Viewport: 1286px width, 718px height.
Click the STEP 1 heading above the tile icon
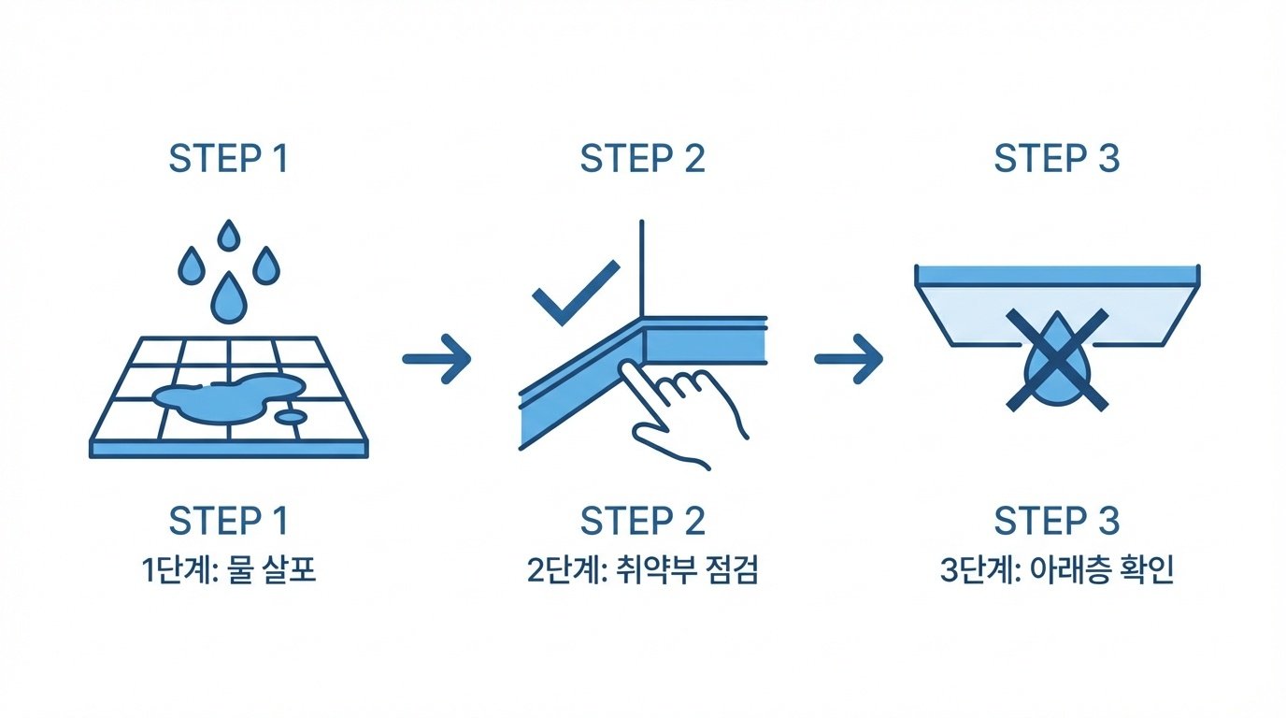click(228, 159)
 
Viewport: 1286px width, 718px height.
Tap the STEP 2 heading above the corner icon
click(642, 159)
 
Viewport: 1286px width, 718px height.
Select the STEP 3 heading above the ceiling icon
click(1056, 159)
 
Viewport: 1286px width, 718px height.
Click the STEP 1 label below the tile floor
click(228, 521)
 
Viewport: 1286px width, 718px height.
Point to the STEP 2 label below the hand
click(642, 521)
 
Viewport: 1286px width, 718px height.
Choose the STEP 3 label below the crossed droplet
click(1056, 521)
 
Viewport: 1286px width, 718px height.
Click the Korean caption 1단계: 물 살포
click(228, 570)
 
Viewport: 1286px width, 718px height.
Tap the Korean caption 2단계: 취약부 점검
click(642, 570)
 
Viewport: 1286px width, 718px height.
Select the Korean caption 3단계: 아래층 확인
click(1056, 570)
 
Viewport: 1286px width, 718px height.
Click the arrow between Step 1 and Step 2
click(436, 358)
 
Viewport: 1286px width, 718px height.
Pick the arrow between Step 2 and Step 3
click(849, 358)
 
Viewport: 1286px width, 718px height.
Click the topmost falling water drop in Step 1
click(227, 237)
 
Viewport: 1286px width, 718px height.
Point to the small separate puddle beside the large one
click(293, 415)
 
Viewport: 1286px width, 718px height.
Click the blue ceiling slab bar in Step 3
click(1056, 274)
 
